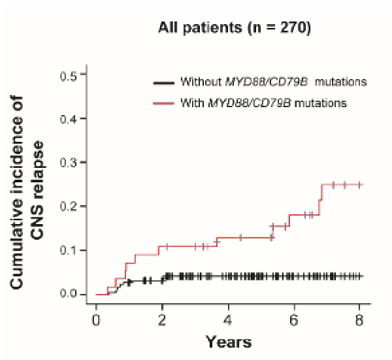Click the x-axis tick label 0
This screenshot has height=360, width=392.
pos(96,321)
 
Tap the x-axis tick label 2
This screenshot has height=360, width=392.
pos(162,321)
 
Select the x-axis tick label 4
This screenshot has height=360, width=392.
pos(228,321)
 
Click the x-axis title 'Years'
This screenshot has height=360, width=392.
pos(228,342)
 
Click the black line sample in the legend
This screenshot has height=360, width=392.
pos(163,83)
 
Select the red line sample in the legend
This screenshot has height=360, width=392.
pos(163,103)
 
